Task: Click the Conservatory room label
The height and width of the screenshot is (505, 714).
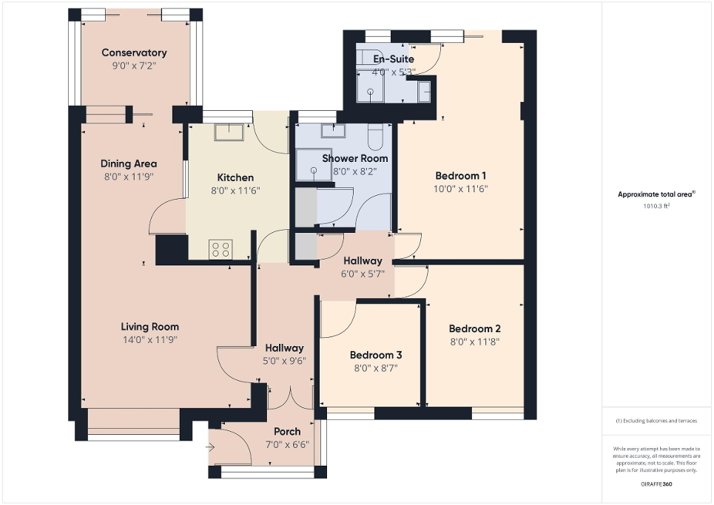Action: coord(134,52)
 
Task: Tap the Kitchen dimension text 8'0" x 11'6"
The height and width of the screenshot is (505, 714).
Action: coord(235,190)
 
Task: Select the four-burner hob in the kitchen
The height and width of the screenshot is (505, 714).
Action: coord(220,249)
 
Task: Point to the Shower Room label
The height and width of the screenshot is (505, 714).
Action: coord(354,158)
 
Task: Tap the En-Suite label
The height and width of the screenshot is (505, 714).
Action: coord(394,59)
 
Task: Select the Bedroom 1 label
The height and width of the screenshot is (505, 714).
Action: coord(460,176)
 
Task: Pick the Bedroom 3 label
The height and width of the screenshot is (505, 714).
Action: coord(374,355)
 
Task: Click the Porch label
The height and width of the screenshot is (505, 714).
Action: coord(287,432)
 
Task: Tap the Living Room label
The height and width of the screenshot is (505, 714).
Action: coord(150,327)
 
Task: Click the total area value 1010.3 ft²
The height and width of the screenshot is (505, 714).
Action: coord(657,207)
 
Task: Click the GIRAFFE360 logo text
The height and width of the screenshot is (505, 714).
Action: coord(656,484)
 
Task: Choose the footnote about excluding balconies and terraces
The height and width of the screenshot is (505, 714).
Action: coord(656,421)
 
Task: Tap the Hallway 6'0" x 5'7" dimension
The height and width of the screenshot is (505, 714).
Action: coord(362,274)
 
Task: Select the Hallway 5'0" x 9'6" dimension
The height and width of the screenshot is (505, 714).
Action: coord(284,361)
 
